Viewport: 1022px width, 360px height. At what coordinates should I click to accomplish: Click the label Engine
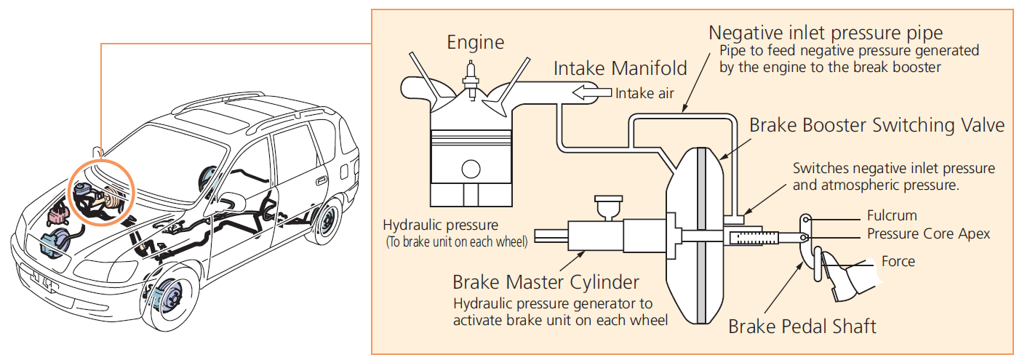(475, 42)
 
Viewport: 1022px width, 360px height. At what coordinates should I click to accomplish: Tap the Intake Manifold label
(620, 68)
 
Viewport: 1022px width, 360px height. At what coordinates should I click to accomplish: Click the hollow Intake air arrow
(592, 92)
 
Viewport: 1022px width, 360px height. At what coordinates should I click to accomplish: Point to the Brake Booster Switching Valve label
(877, 125)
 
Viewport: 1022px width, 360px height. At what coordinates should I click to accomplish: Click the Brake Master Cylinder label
(546, 281)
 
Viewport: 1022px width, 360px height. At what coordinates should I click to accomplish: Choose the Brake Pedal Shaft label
(802, 326)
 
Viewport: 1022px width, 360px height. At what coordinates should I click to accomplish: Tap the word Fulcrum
(891, 216)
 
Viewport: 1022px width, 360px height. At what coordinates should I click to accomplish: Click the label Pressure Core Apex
(928, 234)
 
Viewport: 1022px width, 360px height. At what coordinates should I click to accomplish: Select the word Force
(898, 261)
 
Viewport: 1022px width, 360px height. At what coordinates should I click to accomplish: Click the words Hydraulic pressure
(441, 225)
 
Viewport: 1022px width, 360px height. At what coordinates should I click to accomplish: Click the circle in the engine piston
(471, 170)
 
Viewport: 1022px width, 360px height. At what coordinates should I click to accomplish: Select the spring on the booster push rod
(753, 237)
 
